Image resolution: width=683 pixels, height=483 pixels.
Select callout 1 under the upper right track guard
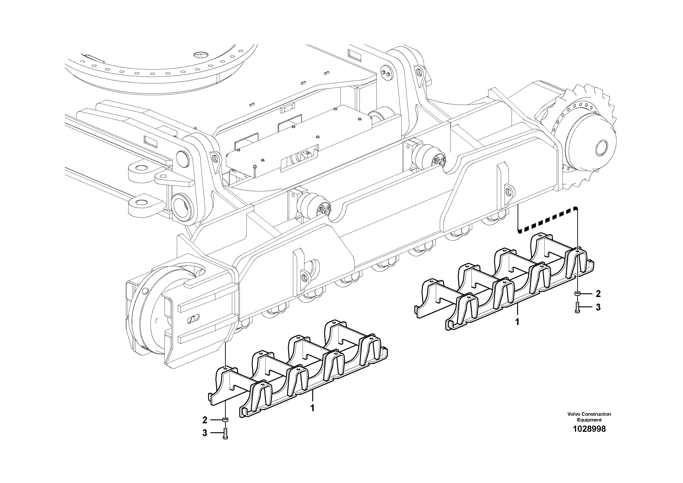517,322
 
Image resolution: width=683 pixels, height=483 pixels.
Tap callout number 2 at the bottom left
205,420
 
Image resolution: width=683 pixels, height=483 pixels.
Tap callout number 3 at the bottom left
205,433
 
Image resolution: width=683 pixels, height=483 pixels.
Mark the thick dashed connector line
547,220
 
